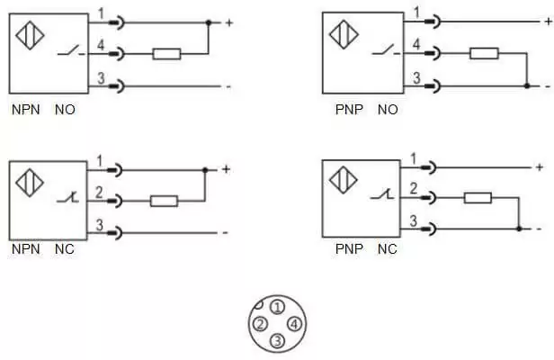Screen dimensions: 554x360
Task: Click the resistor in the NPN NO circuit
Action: click(x=166, y=54)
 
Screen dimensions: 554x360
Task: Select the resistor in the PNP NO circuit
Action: click(x=484, y=53)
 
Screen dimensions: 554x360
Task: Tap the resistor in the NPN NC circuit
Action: click(x=164, y=201)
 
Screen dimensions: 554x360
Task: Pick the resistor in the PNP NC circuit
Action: click(x=478, y=198)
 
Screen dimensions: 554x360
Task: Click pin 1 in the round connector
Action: click(x=277, y=307)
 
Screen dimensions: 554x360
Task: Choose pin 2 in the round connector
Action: click(x=261, y=324)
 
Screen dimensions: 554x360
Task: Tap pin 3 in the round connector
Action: click(x=277, y=341)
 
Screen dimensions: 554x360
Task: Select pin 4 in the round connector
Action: click(x=294, y=324)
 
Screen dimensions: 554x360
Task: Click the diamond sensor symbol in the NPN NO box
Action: click(x=30, y=35)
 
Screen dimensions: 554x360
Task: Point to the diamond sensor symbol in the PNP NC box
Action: click(x=343, y=180)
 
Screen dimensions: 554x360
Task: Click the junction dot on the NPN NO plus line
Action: click(x=209, y=23)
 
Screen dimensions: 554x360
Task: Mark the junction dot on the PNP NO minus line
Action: click(x=527, y=85)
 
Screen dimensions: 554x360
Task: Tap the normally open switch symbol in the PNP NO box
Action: click(x=386, y=50)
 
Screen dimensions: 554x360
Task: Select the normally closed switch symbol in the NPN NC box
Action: click(x=67, y=198)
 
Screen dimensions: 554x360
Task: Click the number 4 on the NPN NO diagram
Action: click(x=101, y=45)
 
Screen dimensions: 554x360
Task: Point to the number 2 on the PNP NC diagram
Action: click(x=414, y=188)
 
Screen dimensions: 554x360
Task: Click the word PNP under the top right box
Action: click(x=349, y=110)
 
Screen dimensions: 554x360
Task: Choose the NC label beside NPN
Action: click(x=65, y=249)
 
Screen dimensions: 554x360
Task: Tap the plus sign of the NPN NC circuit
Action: click(x=226, y=170)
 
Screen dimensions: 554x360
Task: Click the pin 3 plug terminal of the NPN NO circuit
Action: click(x=117, y=85)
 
